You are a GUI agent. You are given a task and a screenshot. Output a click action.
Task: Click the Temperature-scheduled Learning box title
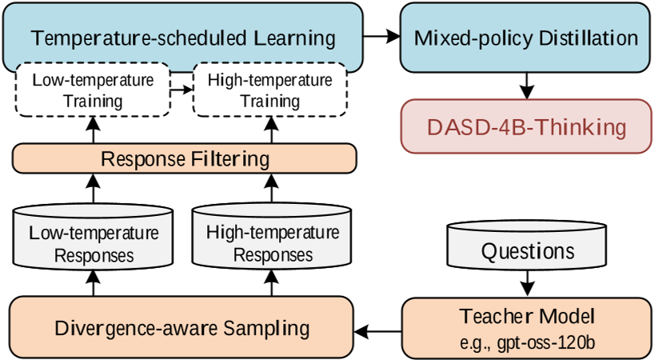coord(182,38)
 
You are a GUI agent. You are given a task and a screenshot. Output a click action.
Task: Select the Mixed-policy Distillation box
coord(526,38)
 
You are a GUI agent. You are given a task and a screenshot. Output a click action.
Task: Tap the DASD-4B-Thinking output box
coord(526,126)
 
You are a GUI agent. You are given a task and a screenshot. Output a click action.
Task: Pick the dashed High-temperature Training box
coord(269,90)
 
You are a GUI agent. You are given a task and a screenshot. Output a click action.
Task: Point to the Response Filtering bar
coord(184,159)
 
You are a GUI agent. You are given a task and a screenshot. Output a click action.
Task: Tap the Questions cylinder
coord(526,249)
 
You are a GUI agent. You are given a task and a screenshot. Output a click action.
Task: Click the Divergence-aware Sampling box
coord(181,327)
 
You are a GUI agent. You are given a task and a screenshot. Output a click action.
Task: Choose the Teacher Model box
coord(526,327)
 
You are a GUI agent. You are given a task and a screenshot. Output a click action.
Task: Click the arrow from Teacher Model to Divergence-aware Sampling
coord(377,328)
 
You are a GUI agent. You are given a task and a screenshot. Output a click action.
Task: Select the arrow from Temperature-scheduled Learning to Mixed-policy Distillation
coord(381,37)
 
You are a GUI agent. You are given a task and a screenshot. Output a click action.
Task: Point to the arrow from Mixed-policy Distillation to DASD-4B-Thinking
coord(526,86)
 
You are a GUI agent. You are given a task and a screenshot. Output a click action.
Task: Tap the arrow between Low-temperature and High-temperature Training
coord(182,90)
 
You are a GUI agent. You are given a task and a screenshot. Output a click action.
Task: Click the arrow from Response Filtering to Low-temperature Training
coord(94,130)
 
